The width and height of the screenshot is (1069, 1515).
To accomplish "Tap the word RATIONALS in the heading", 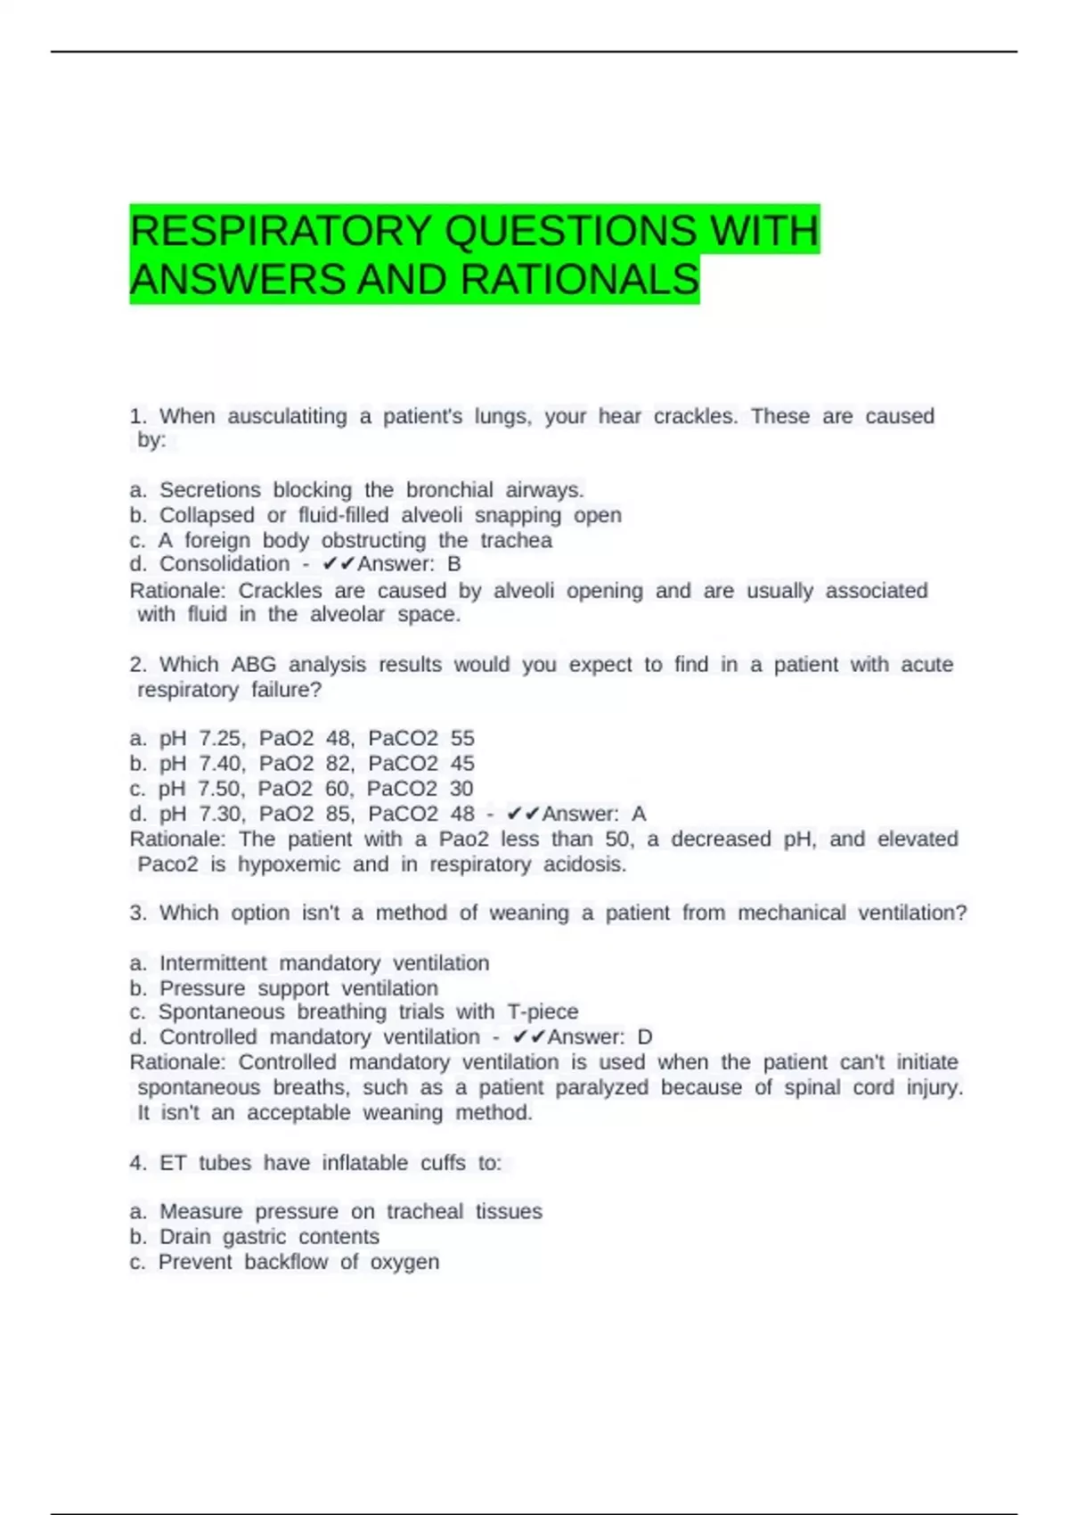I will (x=580, y=280).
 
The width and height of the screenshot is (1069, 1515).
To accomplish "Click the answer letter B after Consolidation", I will (x=454, y=564).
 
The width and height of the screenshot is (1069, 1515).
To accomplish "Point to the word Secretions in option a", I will (x=210, y=490).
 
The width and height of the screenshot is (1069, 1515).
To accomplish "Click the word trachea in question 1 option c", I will (x=516, y=540).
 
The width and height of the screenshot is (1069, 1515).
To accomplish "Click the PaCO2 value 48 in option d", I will (x=462, y=814).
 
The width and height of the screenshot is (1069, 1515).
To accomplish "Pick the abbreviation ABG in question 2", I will (x=254, y=665).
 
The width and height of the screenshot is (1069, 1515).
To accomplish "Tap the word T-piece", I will (x=543, y=1012).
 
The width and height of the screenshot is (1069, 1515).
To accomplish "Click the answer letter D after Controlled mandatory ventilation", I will (x=645, y=1037).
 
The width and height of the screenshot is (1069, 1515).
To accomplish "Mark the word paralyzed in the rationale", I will (x=602, y=1088).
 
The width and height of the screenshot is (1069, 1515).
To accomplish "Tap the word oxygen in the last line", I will (x=404, y=1263).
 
